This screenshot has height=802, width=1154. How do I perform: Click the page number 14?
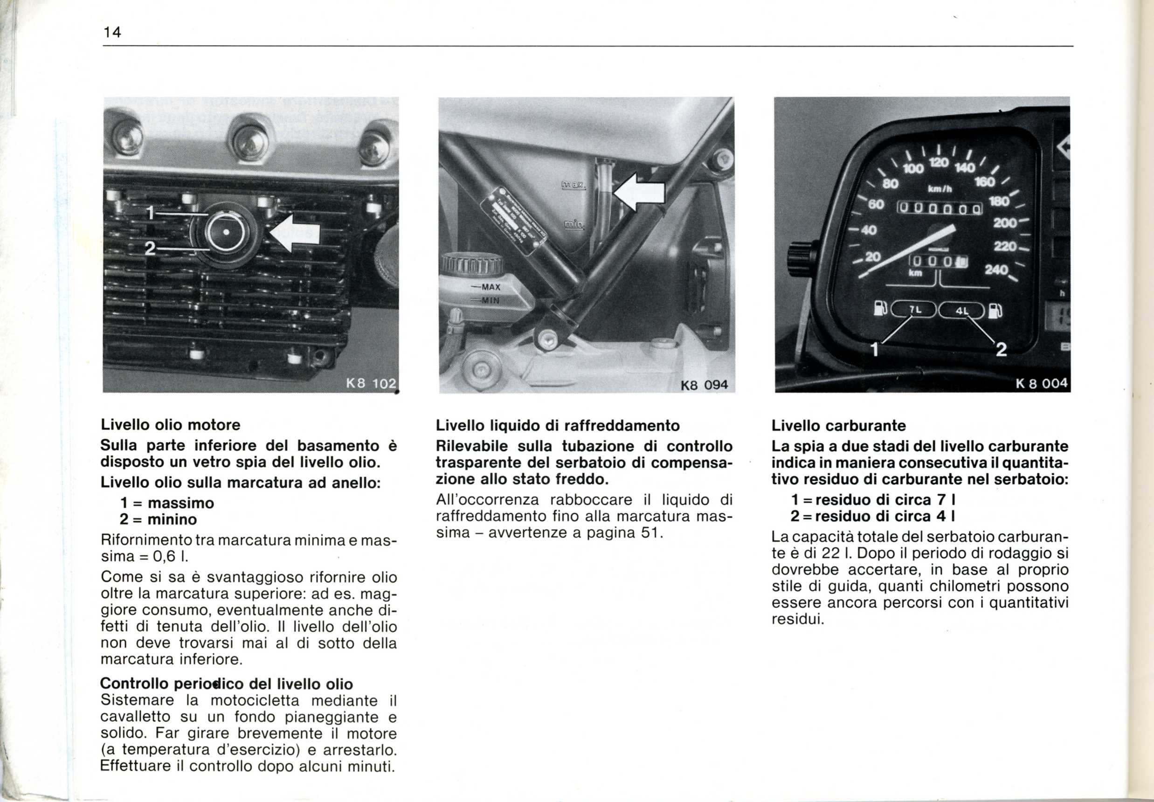point(112,33)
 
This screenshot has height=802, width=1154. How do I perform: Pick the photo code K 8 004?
point(1042,383)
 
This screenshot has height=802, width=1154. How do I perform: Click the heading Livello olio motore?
point(171,425)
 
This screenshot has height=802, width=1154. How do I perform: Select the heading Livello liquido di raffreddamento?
point(558,426)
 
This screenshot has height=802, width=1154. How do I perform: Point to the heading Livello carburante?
point(838,426)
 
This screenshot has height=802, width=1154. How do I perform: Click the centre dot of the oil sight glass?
point(226,232)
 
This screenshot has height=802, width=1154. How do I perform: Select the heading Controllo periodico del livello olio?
point(227,684)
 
